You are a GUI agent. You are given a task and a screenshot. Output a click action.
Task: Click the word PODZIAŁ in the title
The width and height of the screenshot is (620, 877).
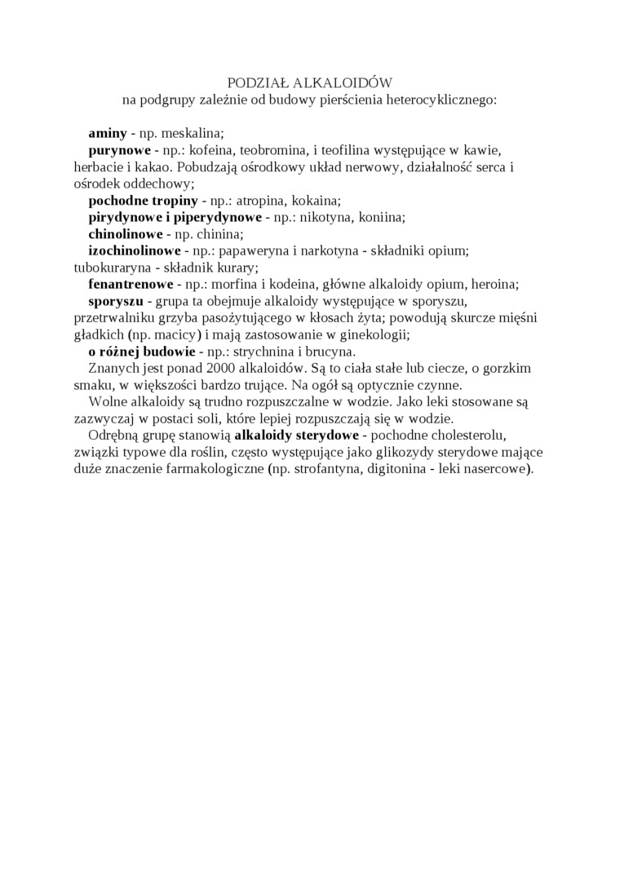pyautogui.click(x=253, y=83)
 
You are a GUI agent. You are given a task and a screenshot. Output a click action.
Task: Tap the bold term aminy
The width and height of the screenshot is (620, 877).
pyautogui.click(x=108, y=132)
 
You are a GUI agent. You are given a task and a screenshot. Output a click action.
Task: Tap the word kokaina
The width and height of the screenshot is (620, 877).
pyautogui.click(x=316, y=201)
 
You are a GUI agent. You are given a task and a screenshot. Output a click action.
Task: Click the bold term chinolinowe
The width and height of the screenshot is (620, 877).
pyautogui.click(x=126, y=234)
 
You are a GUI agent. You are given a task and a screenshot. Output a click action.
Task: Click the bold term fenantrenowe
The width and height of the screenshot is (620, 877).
pyautogui.click(x=131, y=285)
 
